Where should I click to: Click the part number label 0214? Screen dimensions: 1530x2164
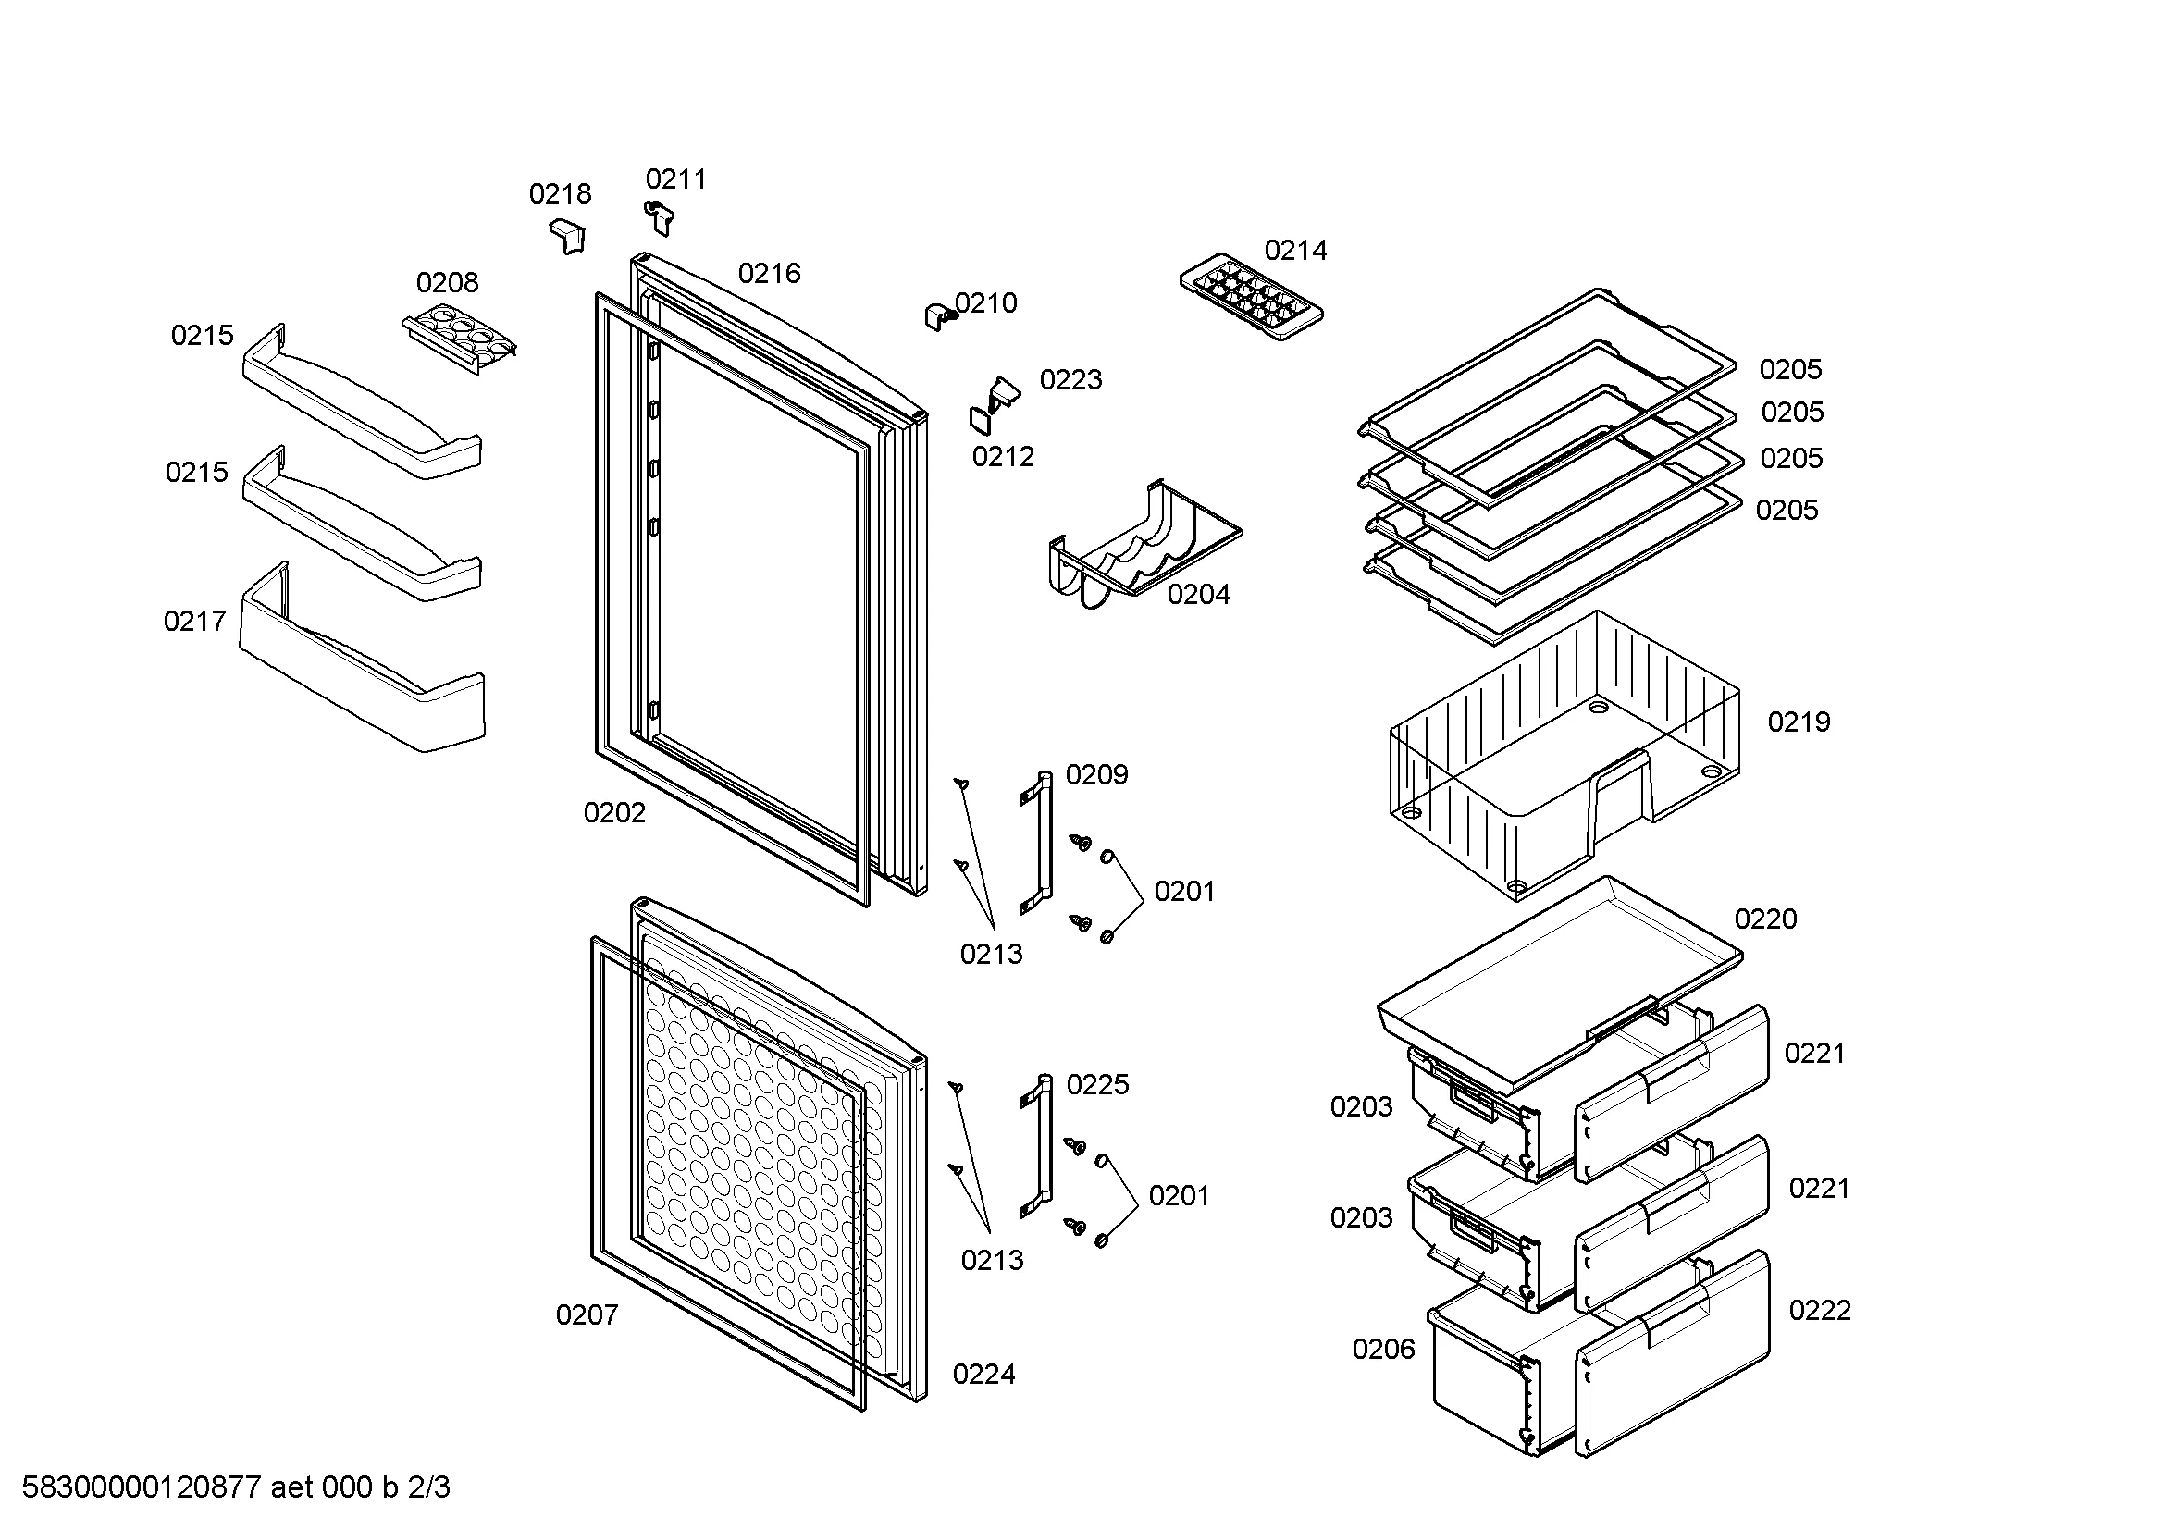1295,251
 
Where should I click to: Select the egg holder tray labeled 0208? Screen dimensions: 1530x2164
460,338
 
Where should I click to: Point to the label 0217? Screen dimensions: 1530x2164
195,622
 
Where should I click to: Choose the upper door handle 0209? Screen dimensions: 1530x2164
1038,841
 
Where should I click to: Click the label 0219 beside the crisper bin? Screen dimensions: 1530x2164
1799,722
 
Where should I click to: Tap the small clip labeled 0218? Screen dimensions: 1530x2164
568,235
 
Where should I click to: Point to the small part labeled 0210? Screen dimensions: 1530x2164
939,315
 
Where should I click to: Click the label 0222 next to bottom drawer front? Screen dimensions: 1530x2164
1819,1311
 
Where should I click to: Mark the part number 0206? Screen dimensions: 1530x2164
1382,1349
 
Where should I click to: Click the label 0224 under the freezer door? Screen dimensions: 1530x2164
984,1375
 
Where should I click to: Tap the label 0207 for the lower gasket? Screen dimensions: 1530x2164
587,1315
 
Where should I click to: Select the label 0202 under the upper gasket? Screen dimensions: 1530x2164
614,813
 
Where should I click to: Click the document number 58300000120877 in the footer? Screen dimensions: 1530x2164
142,1487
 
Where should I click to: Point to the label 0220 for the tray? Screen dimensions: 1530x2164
1765,919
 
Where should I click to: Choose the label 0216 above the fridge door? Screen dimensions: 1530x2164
769,274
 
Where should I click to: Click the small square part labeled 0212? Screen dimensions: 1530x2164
980,420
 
